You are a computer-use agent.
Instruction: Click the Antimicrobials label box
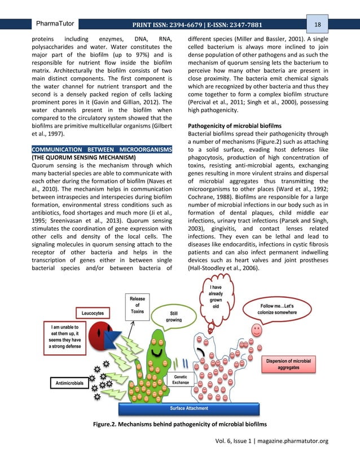(x=70, y=383)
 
